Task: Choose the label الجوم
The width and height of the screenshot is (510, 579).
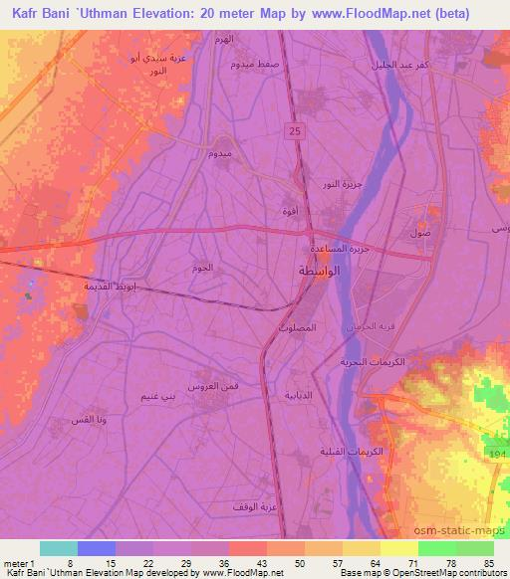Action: coord(202,269)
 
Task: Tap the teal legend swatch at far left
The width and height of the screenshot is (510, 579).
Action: coord(59,548)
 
